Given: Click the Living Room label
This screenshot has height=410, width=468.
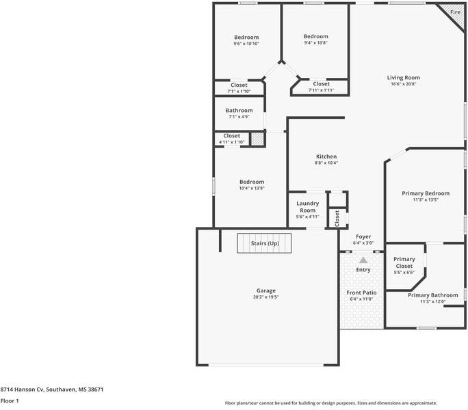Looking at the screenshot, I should pos(404,78).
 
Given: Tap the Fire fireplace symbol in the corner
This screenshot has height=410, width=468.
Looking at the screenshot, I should pos(454,14).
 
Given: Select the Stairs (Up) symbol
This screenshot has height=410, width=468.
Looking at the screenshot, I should pos(265,243).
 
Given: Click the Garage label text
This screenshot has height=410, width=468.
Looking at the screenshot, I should pos(266,290).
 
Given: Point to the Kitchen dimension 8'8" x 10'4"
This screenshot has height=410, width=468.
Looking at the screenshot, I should pos(326,163).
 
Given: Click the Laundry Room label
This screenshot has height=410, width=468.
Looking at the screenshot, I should pos(307,206).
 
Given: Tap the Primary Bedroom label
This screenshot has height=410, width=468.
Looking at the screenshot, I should pos(426,193).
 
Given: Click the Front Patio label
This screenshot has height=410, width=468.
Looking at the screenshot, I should pos(360,292).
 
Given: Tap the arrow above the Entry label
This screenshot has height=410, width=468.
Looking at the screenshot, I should pos(363,260).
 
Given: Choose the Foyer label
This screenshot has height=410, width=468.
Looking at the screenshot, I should pos(363,236).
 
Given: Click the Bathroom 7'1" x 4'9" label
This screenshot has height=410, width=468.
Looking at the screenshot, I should pos(239,111).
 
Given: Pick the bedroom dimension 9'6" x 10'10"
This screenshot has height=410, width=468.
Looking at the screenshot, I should pos(246,44).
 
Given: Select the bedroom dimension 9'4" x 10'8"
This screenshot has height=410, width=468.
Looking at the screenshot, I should pos(315,43).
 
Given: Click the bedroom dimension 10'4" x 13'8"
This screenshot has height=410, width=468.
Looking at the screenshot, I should pos(251,188).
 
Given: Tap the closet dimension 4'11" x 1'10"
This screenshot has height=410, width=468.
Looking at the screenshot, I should pos(231,142).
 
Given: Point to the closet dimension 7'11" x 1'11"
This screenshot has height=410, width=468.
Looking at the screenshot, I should pos(321,90).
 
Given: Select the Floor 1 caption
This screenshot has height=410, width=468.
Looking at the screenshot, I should pos(10,400).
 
